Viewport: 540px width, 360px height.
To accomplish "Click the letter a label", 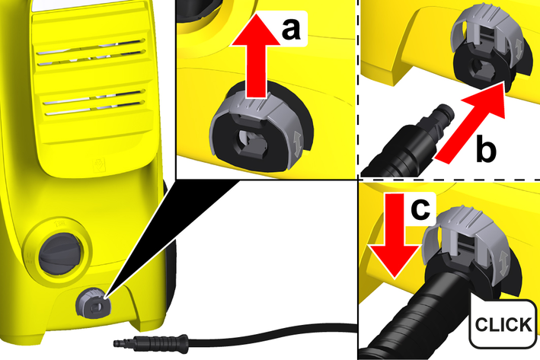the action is coord(291,29).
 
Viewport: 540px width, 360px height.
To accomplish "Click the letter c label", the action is coord(420,209).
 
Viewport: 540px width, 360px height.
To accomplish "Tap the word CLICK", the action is coord(503,324).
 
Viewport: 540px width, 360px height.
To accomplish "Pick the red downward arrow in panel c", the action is coord(395,235).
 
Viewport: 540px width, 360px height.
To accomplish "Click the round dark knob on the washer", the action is coord(61,254).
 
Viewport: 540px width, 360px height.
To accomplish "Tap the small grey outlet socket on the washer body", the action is coord(94,303).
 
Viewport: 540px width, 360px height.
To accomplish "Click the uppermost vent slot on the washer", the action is coord(91,46).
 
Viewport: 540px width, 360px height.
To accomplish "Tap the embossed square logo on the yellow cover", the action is coord(99,164).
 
